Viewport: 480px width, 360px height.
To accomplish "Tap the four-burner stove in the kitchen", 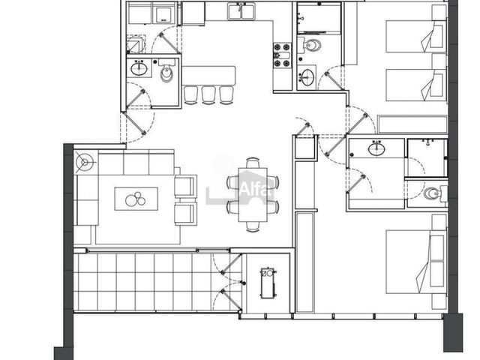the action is tap(282, 55).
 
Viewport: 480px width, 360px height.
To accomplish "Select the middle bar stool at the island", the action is tap(208, 95).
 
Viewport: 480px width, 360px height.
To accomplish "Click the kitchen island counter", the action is tap(208, 75).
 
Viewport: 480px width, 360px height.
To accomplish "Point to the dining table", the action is tap(253, 194).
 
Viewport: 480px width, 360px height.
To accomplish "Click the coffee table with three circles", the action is tap(136, 199).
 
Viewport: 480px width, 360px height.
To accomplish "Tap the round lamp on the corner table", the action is tap(85, 162).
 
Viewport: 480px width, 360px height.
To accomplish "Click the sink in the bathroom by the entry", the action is tap(139, 68).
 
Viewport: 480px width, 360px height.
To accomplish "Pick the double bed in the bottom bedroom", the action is tap(415, 262).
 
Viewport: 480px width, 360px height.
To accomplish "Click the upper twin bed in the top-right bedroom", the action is tap(415, 36).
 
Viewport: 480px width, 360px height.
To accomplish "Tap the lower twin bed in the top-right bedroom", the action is tap(415, 85).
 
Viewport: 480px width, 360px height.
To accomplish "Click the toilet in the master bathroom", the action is tap(436, 193).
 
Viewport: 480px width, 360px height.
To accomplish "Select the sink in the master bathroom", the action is tap(376, 148).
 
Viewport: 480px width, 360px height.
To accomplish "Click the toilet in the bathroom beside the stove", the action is tap(310, 45).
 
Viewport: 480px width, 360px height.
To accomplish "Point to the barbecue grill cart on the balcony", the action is tap(268, 283).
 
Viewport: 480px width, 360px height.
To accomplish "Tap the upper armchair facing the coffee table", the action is tap(185, 186).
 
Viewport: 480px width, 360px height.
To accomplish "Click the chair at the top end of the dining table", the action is tap(253, 163).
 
